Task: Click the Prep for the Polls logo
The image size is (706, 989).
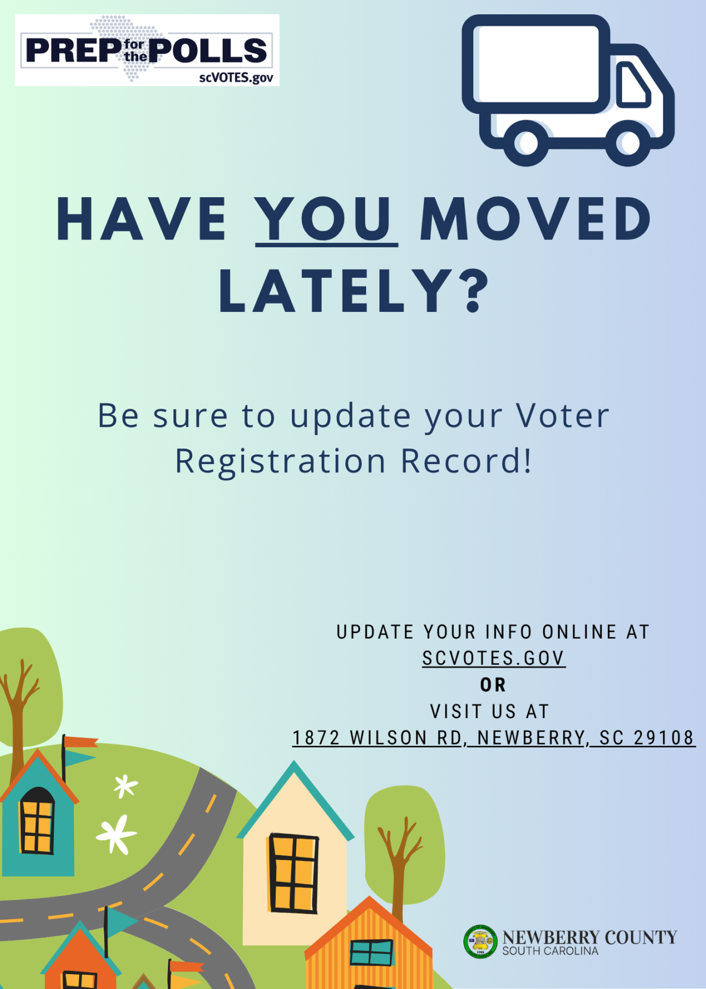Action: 147,50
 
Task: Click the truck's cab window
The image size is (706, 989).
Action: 632,84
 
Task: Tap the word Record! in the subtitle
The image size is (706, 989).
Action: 466,460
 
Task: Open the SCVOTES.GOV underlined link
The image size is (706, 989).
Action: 493,658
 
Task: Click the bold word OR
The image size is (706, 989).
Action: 493,685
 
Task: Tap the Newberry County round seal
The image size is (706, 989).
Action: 480,942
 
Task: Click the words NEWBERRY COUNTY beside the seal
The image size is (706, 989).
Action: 590,937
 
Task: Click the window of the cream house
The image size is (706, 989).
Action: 293,873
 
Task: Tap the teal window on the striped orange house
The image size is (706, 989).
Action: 372,953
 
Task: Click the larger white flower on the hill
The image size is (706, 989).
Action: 116,834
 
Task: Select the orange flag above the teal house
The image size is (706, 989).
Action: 81,742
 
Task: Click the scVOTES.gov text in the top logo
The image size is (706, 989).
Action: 236,77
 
